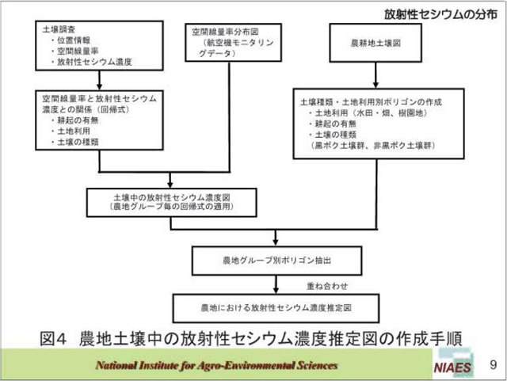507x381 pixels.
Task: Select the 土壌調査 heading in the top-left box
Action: tap(58, 29)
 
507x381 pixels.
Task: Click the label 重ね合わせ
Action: tap(326, 284)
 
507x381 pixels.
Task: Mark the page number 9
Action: tap(493, 365)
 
